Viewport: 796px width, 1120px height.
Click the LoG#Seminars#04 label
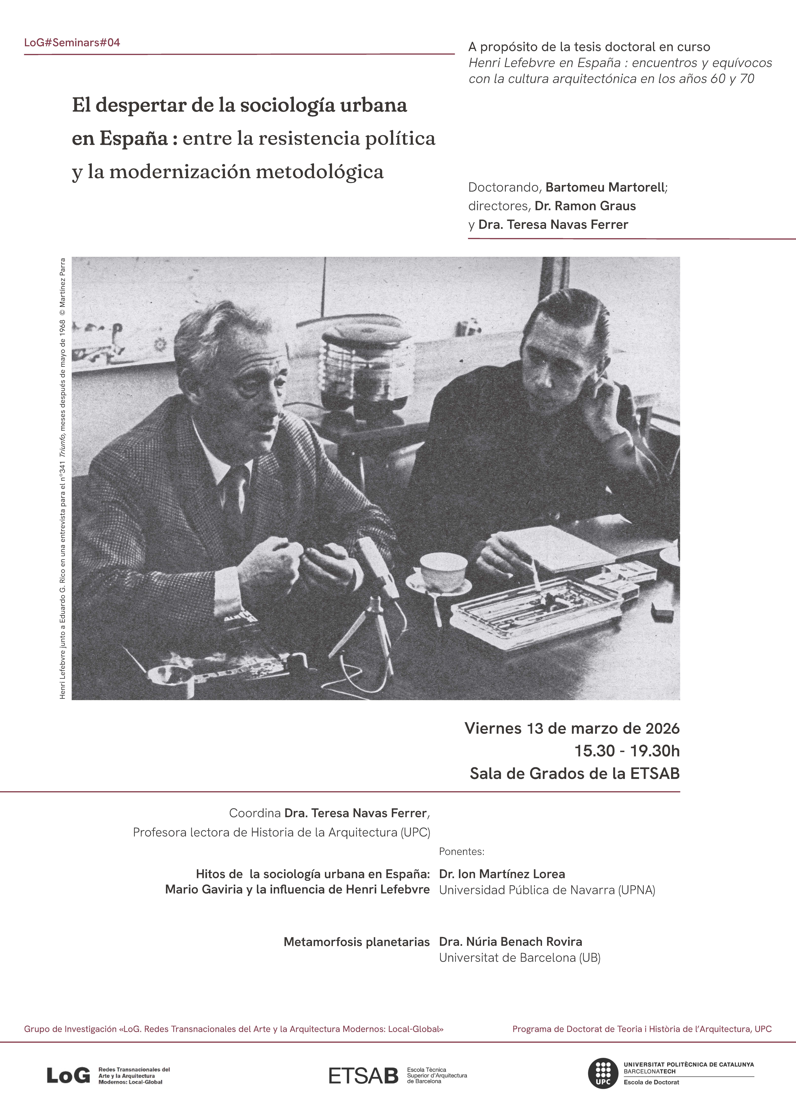72,43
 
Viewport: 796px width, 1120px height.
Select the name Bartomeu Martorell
605,187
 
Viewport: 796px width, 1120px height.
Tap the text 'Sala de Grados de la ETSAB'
574,773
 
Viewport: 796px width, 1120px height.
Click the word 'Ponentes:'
461,851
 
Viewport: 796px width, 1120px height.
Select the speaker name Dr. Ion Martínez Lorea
502,874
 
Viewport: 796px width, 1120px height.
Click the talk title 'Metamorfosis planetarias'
356,942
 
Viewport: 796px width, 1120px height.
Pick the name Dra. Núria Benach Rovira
510,942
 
